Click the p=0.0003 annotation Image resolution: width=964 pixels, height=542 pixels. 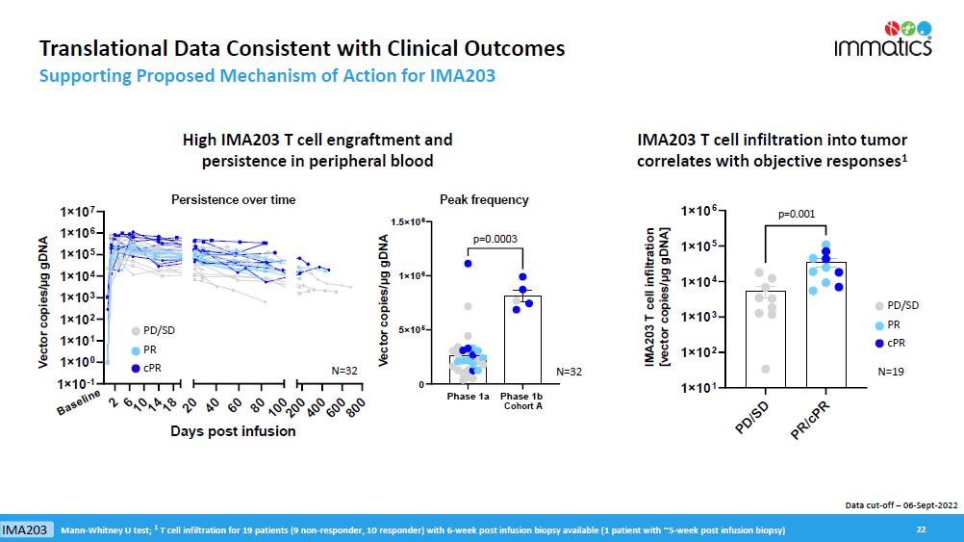pyautogui.click(x=496, y=238)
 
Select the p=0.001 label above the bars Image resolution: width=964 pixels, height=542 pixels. pyautogui.click(x=795, y=215)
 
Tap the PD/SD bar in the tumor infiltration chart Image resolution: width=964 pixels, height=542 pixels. pyautogui.click(x=765, y=337)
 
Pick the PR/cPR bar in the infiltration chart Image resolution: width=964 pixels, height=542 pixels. pyautogui.click(x=825, y=323)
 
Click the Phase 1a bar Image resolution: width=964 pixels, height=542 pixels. pyautogui.click(x=468, y=369)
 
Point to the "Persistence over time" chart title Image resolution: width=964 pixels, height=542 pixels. pyautogui.click(x=233, y=199)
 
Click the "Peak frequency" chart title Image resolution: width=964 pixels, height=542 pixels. pyautogui.click(x=484, y=199)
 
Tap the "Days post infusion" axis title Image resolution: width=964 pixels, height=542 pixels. pyautogui.click(x=233, y=430)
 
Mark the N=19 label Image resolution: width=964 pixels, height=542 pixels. pyautogui.click(x=893, y=370)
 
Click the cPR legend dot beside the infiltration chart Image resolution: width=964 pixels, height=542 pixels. pyautogui.click(x=879, y=344)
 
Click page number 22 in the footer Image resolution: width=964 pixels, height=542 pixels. pyautogui.click(x=921, y=529)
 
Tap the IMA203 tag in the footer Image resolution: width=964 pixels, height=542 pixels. pyautogui.click(x=26, y=530)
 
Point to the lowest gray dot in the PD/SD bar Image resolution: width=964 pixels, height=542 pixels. pyautogui.click(x=765, y=369)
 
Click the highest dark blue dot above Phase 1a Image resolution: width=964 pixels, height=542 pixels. pyautogui.click(x=469, y=263)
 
